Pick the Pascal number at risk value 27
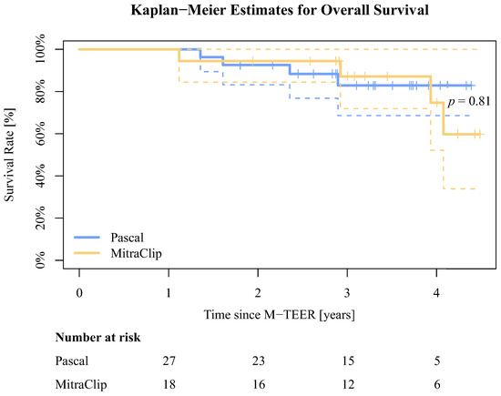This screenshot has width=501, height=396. [x=169, y=361]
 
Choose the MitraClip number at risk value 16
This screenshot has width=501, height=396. [x=258, y=383]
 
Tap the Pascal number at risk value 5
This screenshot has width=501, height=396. [x=436, y=361]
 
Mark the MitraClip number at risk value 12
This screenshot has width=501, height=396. [x=347, y=383]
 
